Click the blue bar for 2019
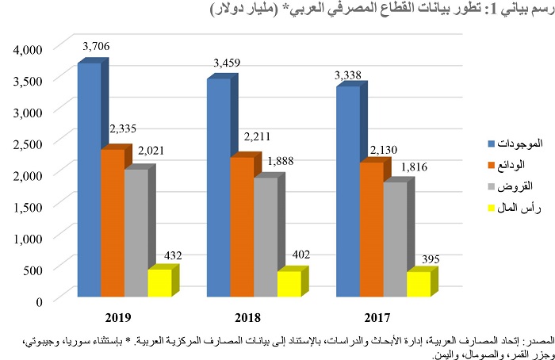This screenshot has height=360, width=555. (89, 178)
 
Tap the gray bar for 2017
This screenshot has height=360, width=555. (394, 239)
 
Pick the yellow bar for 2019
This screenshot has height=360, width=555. (159, 283)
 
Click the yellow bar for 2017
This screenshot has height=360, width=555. (418, 285)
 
